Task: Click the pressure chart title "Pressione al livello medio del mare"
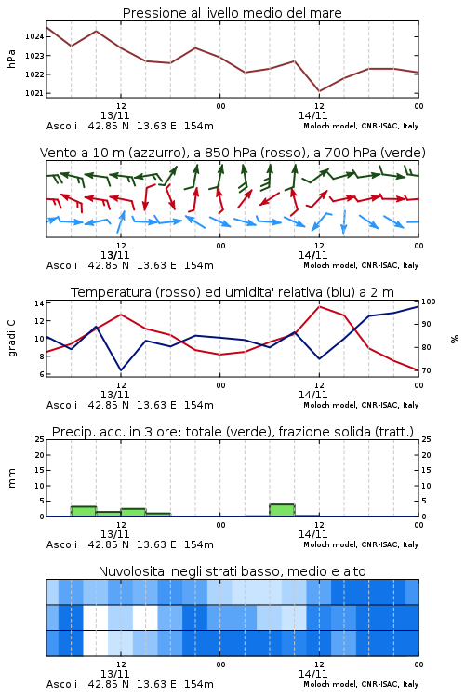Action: (x=232, y=13)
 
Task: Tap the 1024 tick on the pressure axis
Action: (x=34, y=36)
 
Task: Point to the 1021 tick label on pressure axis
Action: (x=34, y=93)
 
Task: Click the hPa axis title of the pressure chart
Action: (x=11, y=60)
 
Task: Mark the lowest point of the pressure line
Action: (x=319, y=91)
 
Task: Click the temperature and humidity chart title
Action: (x=232, y=292)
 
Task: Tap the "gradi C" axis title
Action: (x=12, y=339)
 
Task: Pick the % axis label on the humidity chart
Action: (x=455, y=339)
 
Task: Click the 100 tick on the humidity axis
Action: (x=429, y=302)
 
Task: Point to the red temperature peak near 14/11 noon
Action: (x=319, y=306)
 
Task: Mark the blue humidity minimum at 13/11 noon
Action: (x=121, y=369)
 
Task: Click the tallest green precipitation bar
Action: (x=282, y=510)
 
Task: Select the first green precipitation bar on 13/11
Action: (x=84, y=511)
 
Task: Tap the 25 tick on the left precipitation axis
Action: (x=40, y=439)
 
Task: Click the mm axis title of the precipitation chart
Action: (x=11, y=478)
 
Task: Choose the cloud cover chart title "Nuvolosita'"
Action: (x=232, y=571)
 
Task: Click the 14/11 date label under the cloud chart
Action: (x=312, y=674)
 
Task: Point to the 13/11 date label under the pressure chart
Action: (x=114, y=115)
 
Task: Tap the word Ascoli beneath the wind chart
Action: (x=61, y=265)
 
